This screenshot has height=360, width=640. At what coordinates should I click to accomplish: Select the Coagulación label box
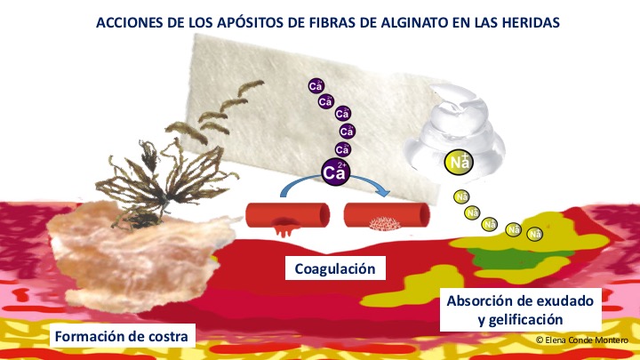click(x=335, y=268)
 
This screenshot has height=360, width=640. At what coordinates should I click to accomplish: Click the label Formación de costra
click(x=122, y=336)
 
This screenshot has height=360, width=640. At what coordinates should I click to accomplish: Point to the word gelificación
click(x=520, y=319)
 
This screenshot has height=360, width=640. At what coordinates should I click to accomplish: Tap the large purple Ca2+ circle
click(x=335, y=172)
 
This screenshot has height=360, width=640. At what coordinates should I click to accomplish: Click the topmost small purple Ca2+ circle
click(x=316, y=86)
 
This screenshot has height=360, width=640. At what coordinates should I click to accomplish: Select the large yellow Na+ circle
click(x=459, y=163)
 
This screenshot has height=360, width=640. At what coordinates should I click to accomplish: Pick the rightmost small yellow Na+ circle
click(x=535, y=235)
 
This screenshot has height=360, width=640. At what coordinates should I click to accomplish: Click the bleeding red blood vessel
click(x=287, y=216)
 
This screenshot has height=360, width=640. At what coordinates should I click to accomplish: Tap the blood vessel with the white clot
click(x=387, y=215)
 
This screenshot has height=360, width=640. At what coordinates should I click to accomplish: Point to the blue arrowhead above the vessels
click(x=383, y=191)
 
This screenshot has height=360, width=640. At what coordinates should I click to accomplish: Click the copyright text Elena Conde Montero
click(x=582, y=340)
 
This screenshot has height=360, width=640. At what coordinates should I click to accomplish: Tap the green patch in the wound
click(x=518, y=257)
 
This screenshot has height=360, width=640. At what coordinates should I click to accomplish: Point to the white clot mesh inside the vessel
click(x=384, y=223)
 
